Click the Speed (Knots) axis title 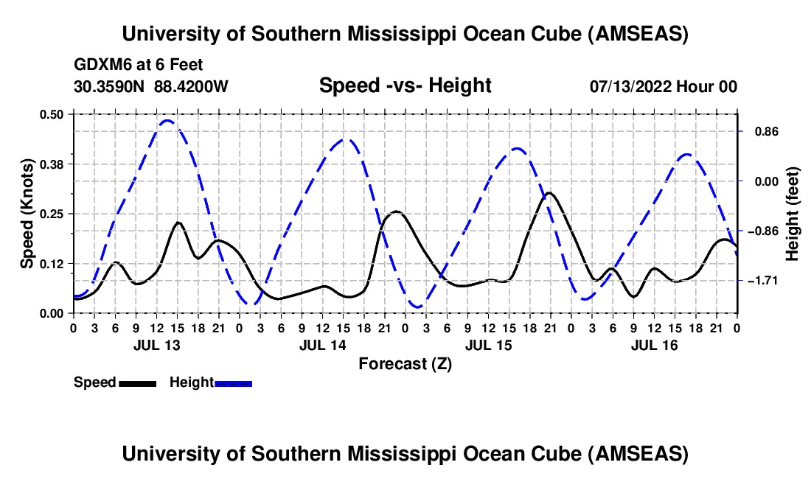pyautogui.click(x=27, y=214)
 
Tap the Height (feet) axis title pyautogui.click(x=793, y=214)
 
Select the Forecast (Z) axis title pyautogui.click(x=405, y=363)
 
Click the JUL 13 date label pyautogui.click(x=156, y=345)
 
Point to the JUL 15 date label pyautogui.click(x=487, y=345)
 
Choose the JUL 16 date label pyautogui.click(x=654, y=345)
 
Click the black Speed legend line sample pyautogui.click(x=137, y=382)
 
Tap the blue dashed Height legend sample pyautogui.click(x=233, y=382)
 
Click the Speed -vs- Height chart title pyautogui.click(x=405, y=85)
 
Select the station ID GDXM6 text pyautogui.click(x=100, y=65)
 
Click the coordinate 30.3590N pyautogui.click(x=111, y=86)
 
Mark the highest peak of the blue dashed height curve pyautogui.click(x=167, y=120)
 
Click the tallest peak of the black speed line pyautogui.click(x=549, y=193)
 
